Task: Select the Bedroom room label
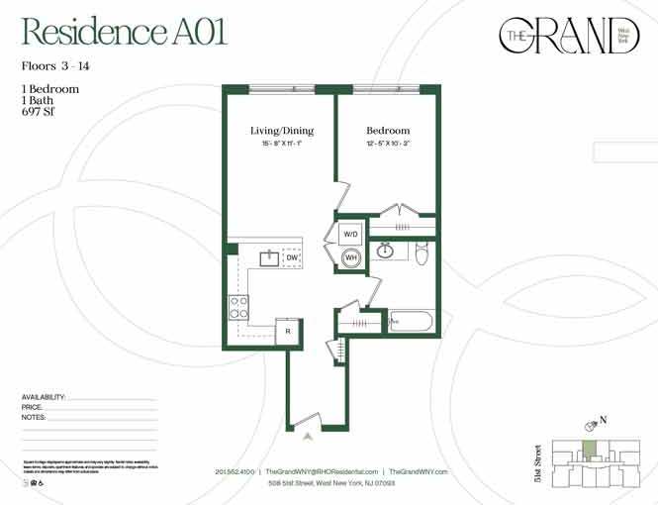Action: [387, 131]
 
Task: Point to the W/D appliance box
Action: [350, 234]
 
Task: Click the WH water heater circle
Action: [350, 258]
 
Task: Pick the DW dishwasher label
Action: [291, 258]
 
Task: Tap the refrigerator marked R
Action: [287, 332]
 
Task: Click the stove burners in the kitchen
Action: [238, 307]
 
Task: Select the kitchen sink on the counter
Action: [268, 258]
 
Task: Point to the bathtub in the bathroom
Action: [410, 322]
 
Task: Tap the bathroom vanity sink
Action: [387, 252]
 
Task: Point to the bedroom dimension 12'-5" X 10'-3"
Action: [387, 145]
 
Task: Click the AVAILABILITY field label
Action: [44, 397]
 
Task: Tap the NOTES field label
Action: [34, 418]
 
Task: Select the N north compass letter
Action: [603, 420]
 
